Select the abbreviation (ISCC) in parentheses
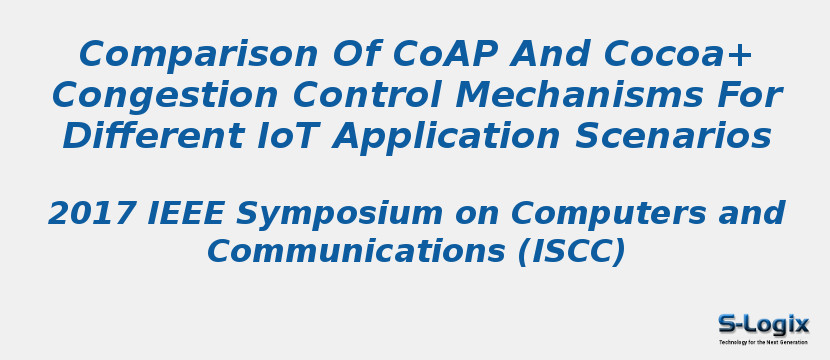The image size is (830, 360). pyautogui.click(x=571, y=252)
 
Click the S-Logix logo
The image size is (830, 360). pyautogui.click(x=763, y=324)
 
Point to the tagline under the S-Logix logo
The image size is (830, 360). pyautogui.click(x=763, y=342)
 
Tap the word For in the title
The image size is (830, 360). pyautogui.click(x=748, y=96)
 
